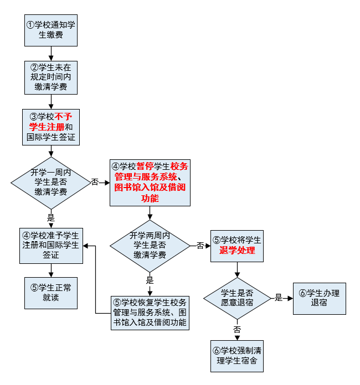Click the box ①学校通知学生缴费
(x=51, y=30)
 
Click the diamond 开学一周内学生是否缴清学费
(x=51, y=182)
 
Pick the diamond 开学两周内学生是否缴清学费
(x=149, y=245)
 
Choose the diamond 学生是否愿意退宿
(x=237, y=298)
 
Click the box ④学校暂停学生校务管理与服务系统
(x=150, y=182)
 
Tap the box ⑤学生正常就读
(x=51, y=293)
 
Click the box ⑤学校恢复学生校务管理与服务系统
(x=150, y=313)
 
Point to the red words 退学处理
(x=237, y=250)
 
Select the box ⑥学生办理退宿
(x=319, y=298)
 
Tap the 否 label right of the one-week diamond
(x=95, y=182)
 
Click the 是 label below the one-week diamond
(x=51, y=218)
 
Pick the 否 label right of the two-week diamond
(x=200, y=245)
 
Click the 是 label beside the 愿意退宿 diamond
(x=279, y=298)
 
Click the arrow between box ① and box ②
(x=51, y=53)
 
